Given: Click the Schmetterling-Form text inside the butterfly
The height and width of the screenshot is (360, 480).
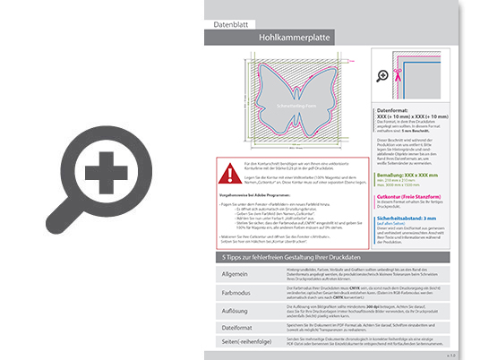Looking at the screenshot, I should coord(292,104).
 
